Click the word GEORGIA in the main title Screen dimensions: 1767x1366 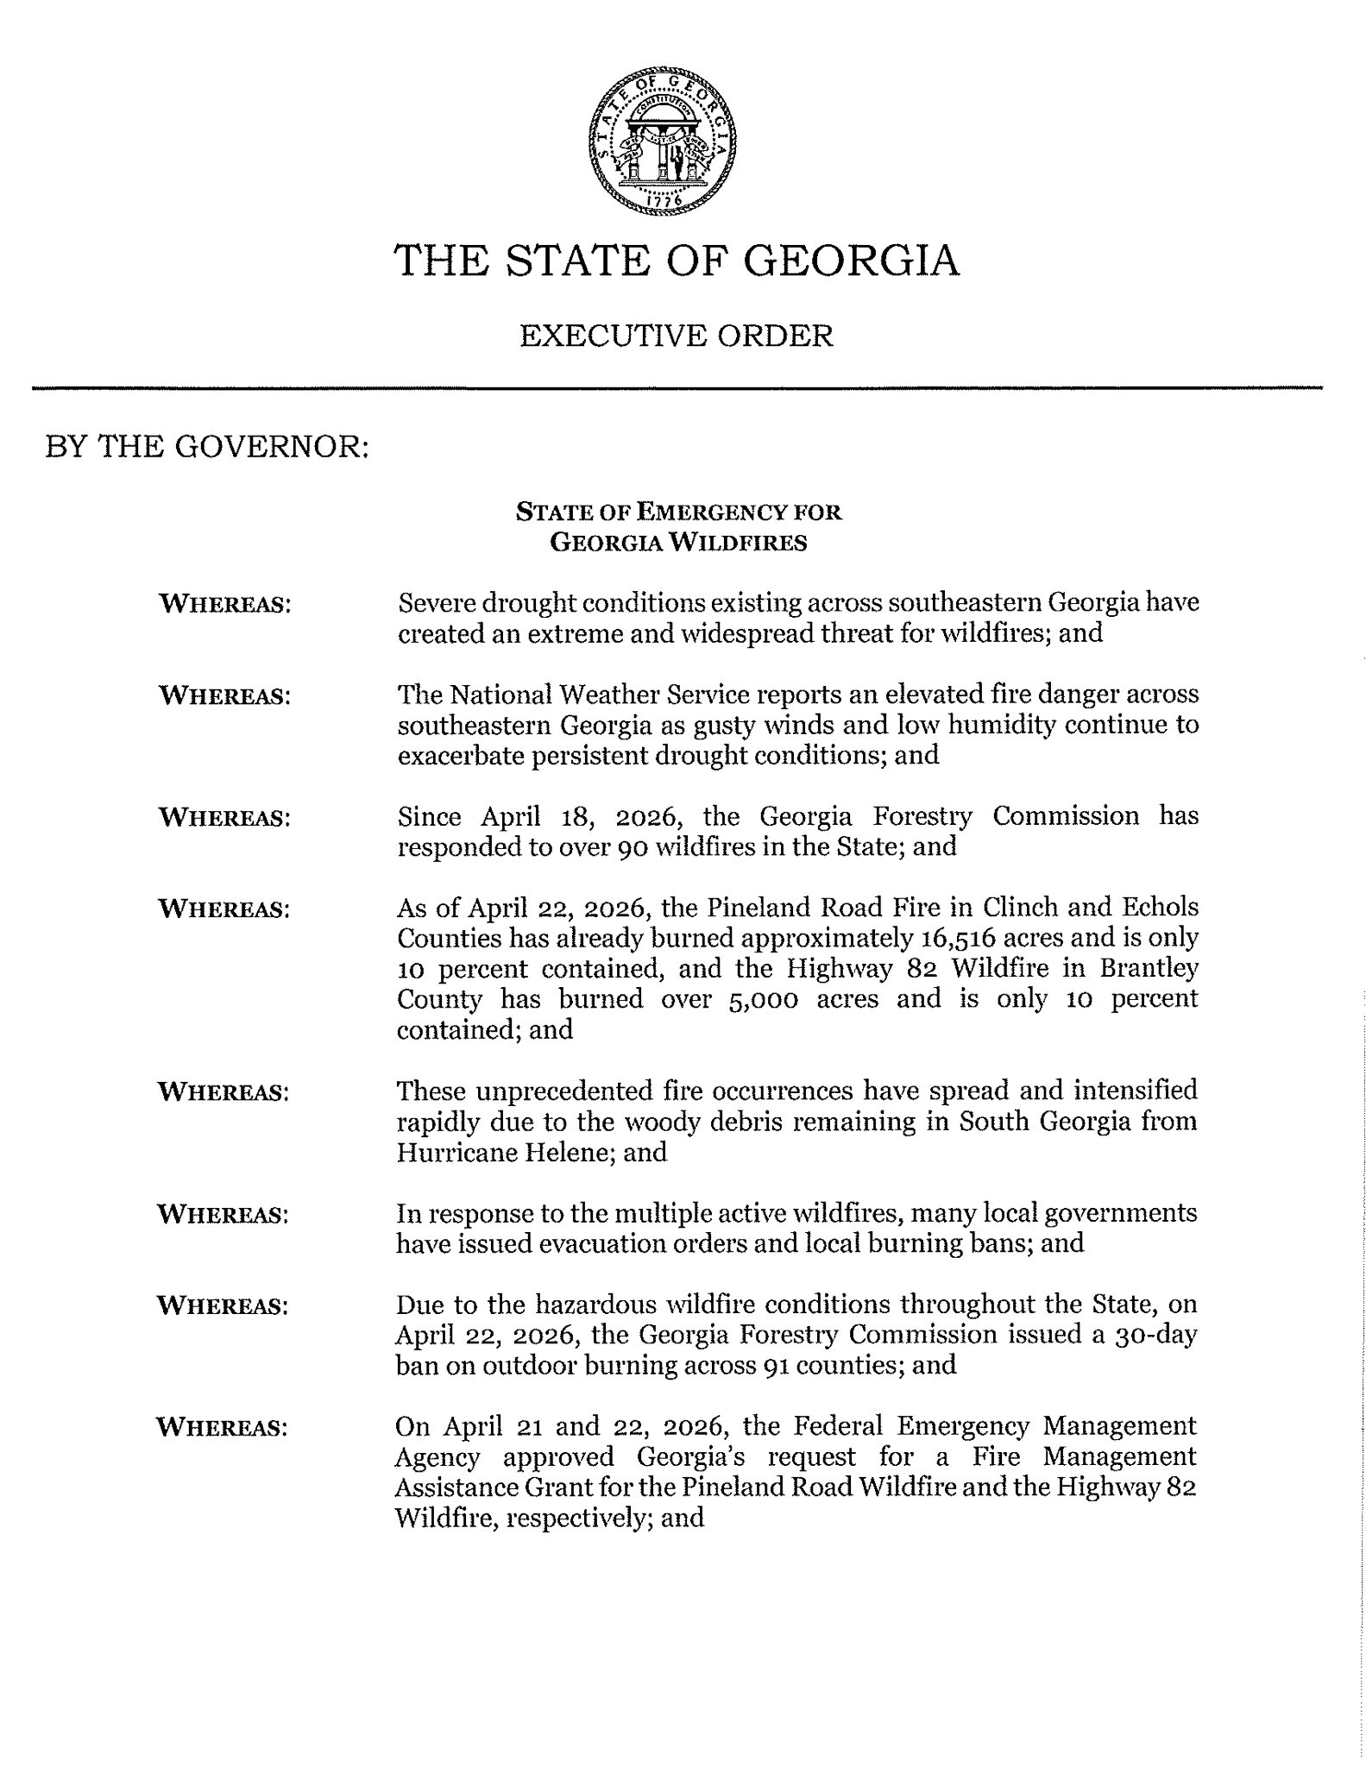tap(851, 260)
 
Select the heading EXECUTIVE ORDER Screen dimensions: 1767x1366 tap(677, 336)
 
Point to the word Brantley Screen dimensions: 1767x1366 tap(1148, 968)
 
